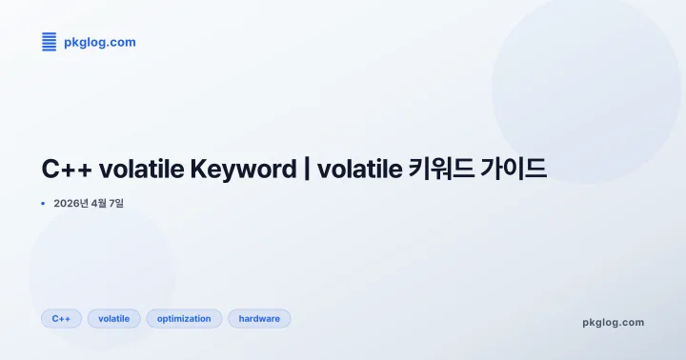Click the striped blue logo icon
(x=50, y=41)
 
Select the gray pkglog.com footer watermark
(x=613, y=323)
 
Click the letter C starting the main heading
(x=50, y=170)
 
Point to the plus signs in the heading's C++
(x=77, y=170)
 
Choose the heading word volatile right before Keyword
(x=141, y=170)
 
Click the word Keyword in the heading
(x=243, y=170)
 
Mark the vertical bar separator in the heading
(x=307, y=170)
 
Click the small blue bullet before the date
(x=43, y=203)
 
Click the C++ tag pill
(x=61, y=318)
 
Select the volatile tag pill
(x=114, y=318)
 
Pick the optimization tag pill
(x=184, y=318)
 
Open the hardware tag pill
(x=259, y=318)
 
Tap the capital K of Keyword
(x=199, y=170)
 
